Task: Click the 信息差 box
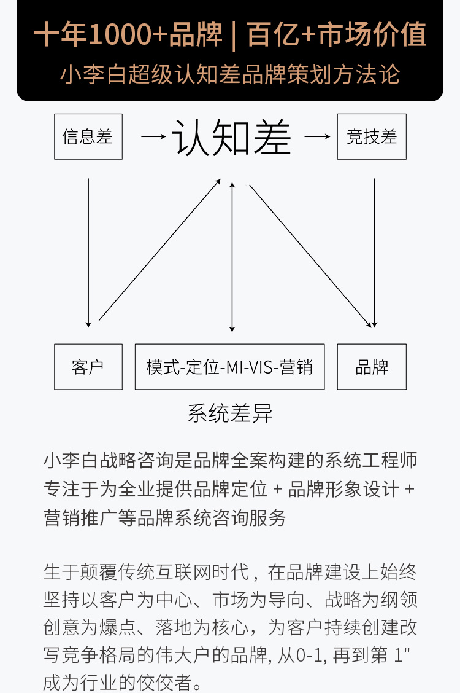pos(88,136)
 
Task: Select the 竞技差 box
pos(372,136)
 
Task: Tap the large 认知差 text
pos(231,136)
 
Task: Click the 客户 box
pos(88,367)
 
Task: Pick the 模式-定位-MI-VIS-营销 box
pos(229,367)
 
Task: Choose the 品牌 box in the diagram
pos(372,367)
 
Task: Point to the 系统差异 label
pos(230,413)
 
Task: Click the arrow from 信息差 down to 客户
pos(89,252)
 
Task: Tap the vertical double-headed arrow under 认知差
pos(231,256)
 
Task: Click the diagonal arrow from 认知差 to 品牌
pos(310,255)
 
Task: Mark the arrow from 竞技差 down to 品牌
pos(374,252)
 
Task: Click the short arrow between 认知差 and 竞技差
pos(317,136)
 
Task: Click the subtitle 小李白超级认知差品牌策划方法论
pos(230,74)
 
